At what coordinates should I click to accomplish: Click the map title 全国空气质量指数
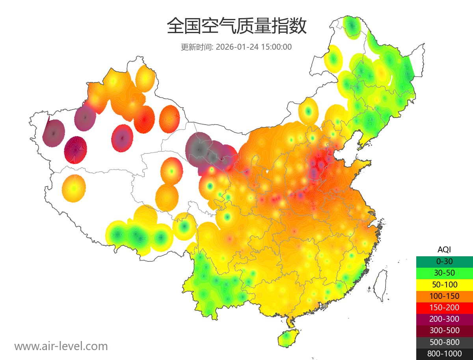[236, 26]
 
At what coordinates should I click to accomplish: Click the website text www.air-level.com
[61, 346]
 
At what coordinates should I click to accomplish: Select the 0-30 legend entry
[444, 261]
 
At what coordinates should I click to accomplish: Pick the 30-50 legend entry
[444, 273]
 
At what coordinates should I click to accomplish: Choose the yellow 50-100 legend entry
[444, 284]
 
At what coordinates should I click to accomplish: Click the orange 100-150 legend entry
[444, 296]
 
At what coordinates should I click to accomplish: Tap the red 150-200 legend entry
[444, 308]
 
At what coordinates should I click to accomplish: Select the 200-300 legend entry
[444, 319]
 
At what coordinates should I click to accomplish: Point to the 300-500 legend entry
[444, 331]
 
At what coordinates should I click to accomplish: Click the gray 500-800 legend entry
[444, 342]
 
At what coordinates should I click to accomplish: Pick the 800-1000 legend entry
[444, 354]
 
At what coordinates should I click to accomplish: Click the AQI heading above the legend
[444, 250]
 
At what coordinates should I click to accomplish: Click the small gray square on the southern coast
[324, 306]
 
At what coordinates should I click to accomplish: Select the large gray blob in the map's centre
[199, 149]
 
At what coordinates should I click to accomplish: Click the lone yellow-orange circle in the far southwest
[74, 188]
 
